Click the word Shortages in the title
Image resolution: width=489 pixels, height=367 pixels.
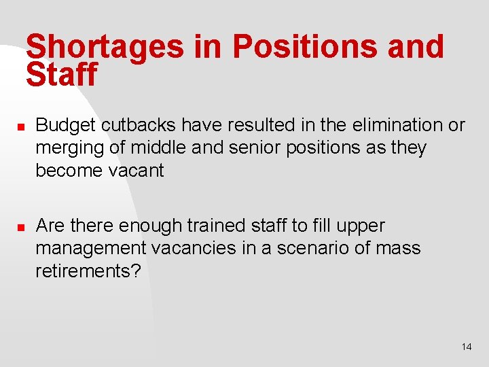[x=105, y=48]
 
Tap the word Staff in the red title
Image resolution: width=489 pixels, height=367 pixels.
[x=62, y=75]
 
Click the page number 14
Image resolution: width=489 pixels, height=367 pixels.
[x=466, y=347]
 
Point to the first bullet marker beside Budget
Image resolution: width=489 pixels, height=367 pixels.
[x=21, y=126]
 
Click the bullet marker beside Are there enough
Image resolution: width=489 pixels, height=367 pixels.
[x=21, y=227]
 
